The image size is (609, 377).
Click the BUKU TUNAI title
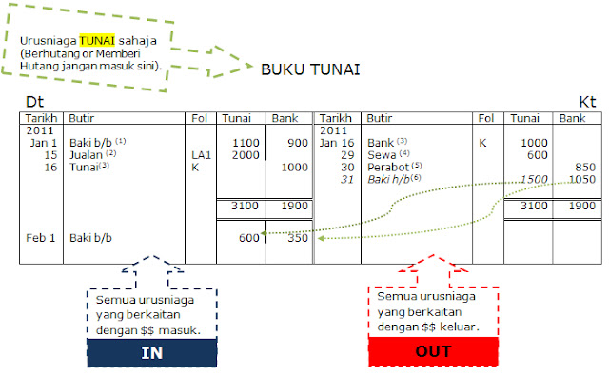[309, 69]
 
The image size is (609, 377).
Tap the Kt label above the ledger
[587, 100]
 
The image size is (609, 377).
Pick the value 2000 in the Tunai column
[246, 153]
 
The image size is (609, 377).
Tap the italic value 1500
[535, 178]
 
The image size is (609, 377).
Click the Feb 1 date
[41, 238]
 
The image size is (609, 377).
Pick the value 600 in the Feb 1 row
[249, 238]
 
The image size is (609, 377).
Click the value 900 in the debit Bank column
[297, 141]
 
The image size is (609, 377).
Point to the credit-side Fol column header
[485, 119]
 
